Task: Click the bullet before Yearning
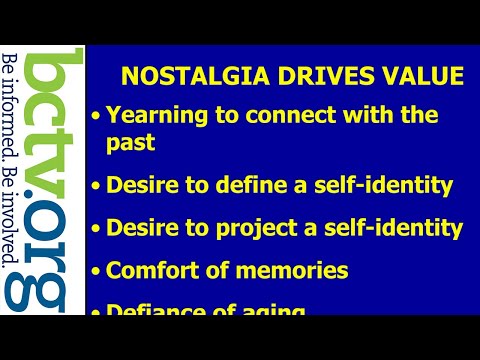pos(96,116)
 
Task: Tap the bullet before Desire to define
pos(96,186)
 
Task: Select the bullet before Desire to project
pos(96,229)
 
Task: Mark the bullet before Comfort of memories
pos(96,271)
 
